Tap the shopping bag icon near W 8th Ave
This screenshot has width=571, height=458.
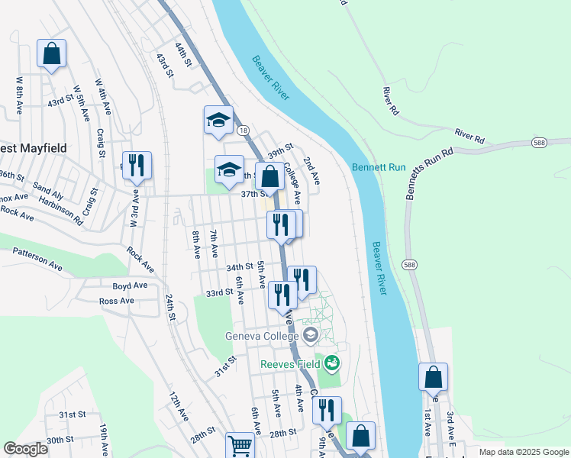pyautogui.click(x=51, y=55)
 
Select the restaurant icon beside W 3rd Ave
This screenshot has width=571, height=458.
pyautogui.click(x=137, y=165)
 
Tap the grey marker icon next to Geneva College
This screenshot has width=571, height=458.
pyautogui.click(x=311, y=334)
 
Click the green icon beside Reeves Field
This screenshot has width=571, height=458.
pyautogui.click(x=331, y=363)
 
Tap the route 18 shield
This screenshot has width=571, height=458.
pyautogui.click(x=243, y=131)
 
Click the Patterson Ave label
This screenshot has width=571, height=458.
pyautogui.click(x=37, y=258)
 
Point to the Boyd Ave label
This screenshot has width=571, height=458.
pyautogui.click(x=130, y=285)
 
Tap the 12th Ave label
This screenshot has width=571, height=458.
pyautogui.click(x=178, y=408)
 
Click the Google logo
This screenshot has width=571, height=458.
pyautogui.click(x=25, y=450)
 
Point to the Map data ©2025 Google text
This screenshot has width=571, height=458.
pyautogui.click(x=524, y=452)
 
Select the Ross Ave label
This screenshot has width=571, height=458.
pyautogui.click(x=117, y=301)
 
